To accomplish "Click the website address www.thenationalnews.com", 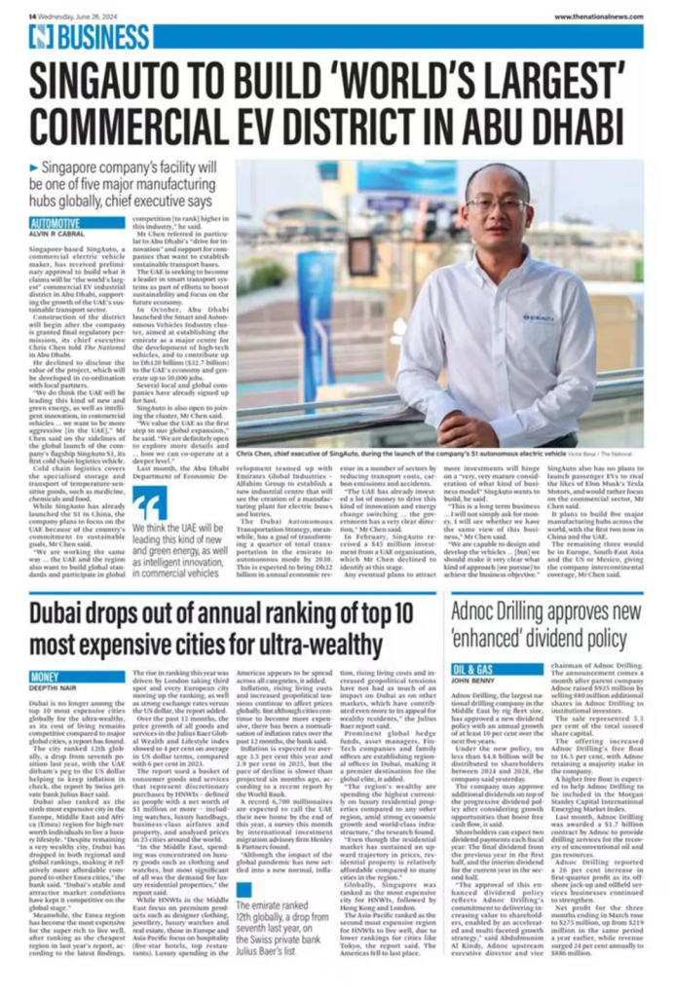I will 598,17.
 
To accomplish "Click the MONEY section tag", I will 49,675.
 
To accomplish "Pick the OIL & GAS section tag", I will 474,670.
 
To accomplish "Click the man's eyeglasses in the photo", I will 498,204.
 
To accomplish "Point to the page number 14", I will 32,17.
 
